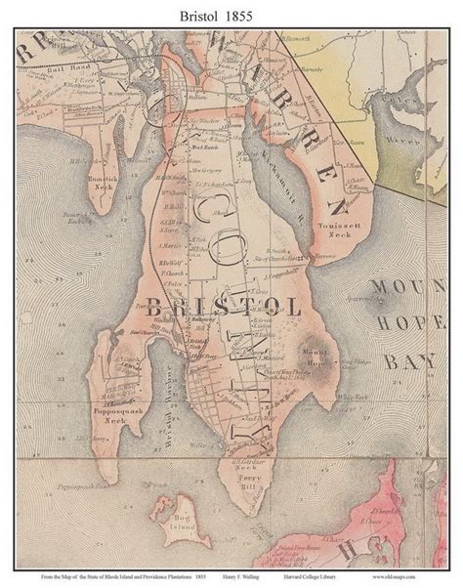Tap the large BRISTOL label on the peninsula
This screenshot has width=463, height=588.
[x=224, y=306]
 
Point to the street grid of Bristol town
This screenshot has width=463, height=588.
[x=211, y=391]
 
